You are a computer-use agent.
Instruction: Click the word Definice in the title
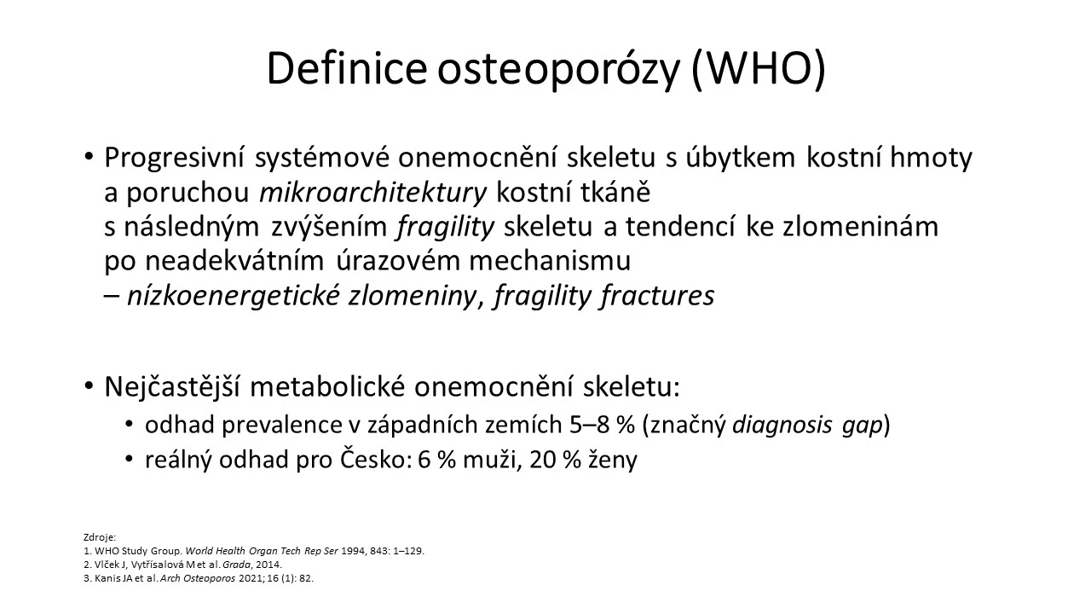346,68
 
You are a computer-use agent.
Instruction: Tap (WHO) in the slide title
759,70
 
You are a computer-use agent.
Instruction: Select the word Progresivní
174,159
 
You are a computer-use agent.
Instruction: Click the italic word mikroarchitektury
373,193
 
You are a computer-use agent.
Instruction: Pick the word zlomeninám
860,227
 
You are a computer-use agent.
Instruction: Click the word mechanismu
550,261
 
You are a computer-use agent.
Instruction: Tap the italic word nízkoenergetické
233,295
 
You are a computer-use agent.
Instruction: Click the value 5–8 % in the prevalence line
602,425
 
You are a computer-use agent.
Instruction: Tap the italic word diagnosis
782,426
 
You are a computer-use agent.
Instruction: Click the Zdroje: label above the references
100,537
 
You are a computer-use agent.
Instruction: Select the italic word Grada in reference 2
237,565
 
